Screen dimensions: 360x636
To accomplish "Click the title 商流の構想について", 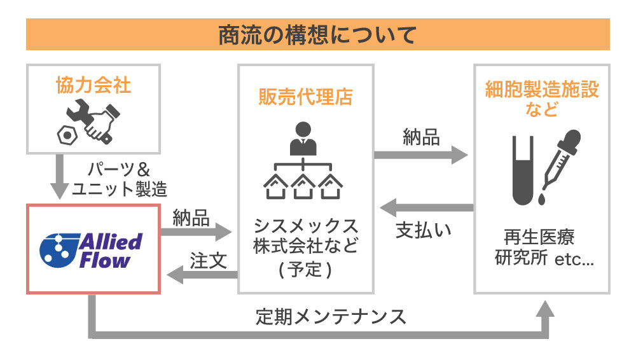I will coord(317,34).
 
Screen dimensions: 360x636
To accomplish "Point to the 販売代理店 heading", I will coord(305,97).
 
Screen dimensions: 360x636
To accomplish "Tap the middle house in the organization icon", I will coord(303,186).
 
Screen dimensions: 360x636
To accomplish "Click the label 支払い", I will coord(424,230).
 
